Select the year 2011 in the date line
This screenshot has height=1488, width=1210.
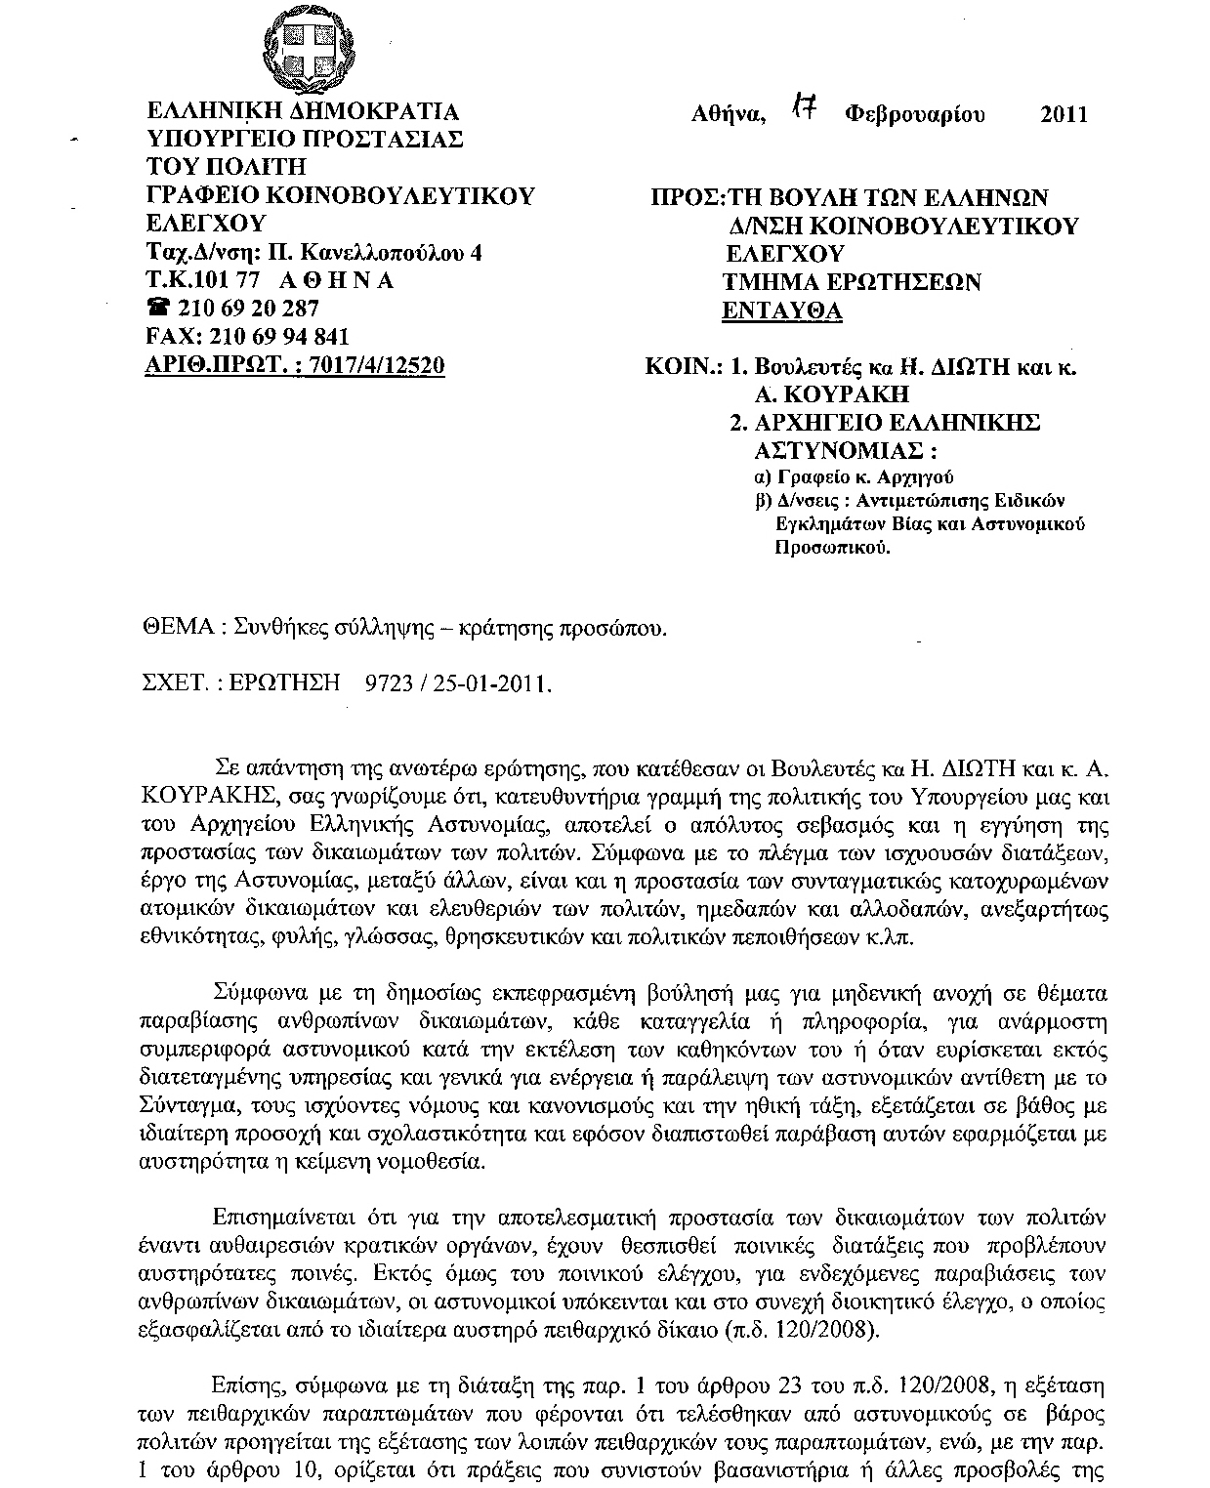1064,114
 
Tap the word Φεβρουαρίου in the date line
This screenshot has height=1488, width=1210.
915,114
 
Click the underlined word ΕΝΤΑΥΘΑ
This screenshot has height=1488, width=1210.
781,311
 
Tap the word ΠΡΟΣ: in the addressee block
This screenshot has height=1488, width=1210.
686,197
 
